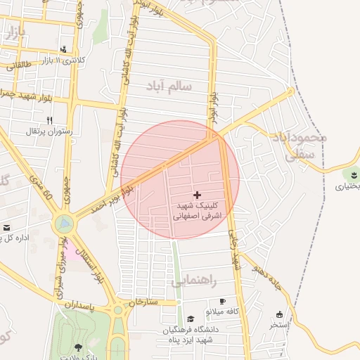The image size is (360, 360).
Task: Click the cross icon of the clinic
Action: (196, 193)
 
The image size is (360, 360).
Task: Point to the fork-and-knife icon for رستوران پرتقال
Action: (49, 120)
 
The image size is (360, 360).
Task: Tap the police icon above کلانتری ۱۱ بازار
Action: (65, 49)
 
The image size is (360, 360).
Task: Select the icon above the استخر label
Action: (280, 314)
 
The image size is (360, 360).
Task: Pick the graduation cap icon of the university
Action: (191, 319)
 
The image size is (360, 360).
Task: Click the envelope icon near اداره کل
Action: (6, 227)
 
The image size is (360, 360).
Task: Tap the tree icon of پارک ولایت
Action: (78, 347)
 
